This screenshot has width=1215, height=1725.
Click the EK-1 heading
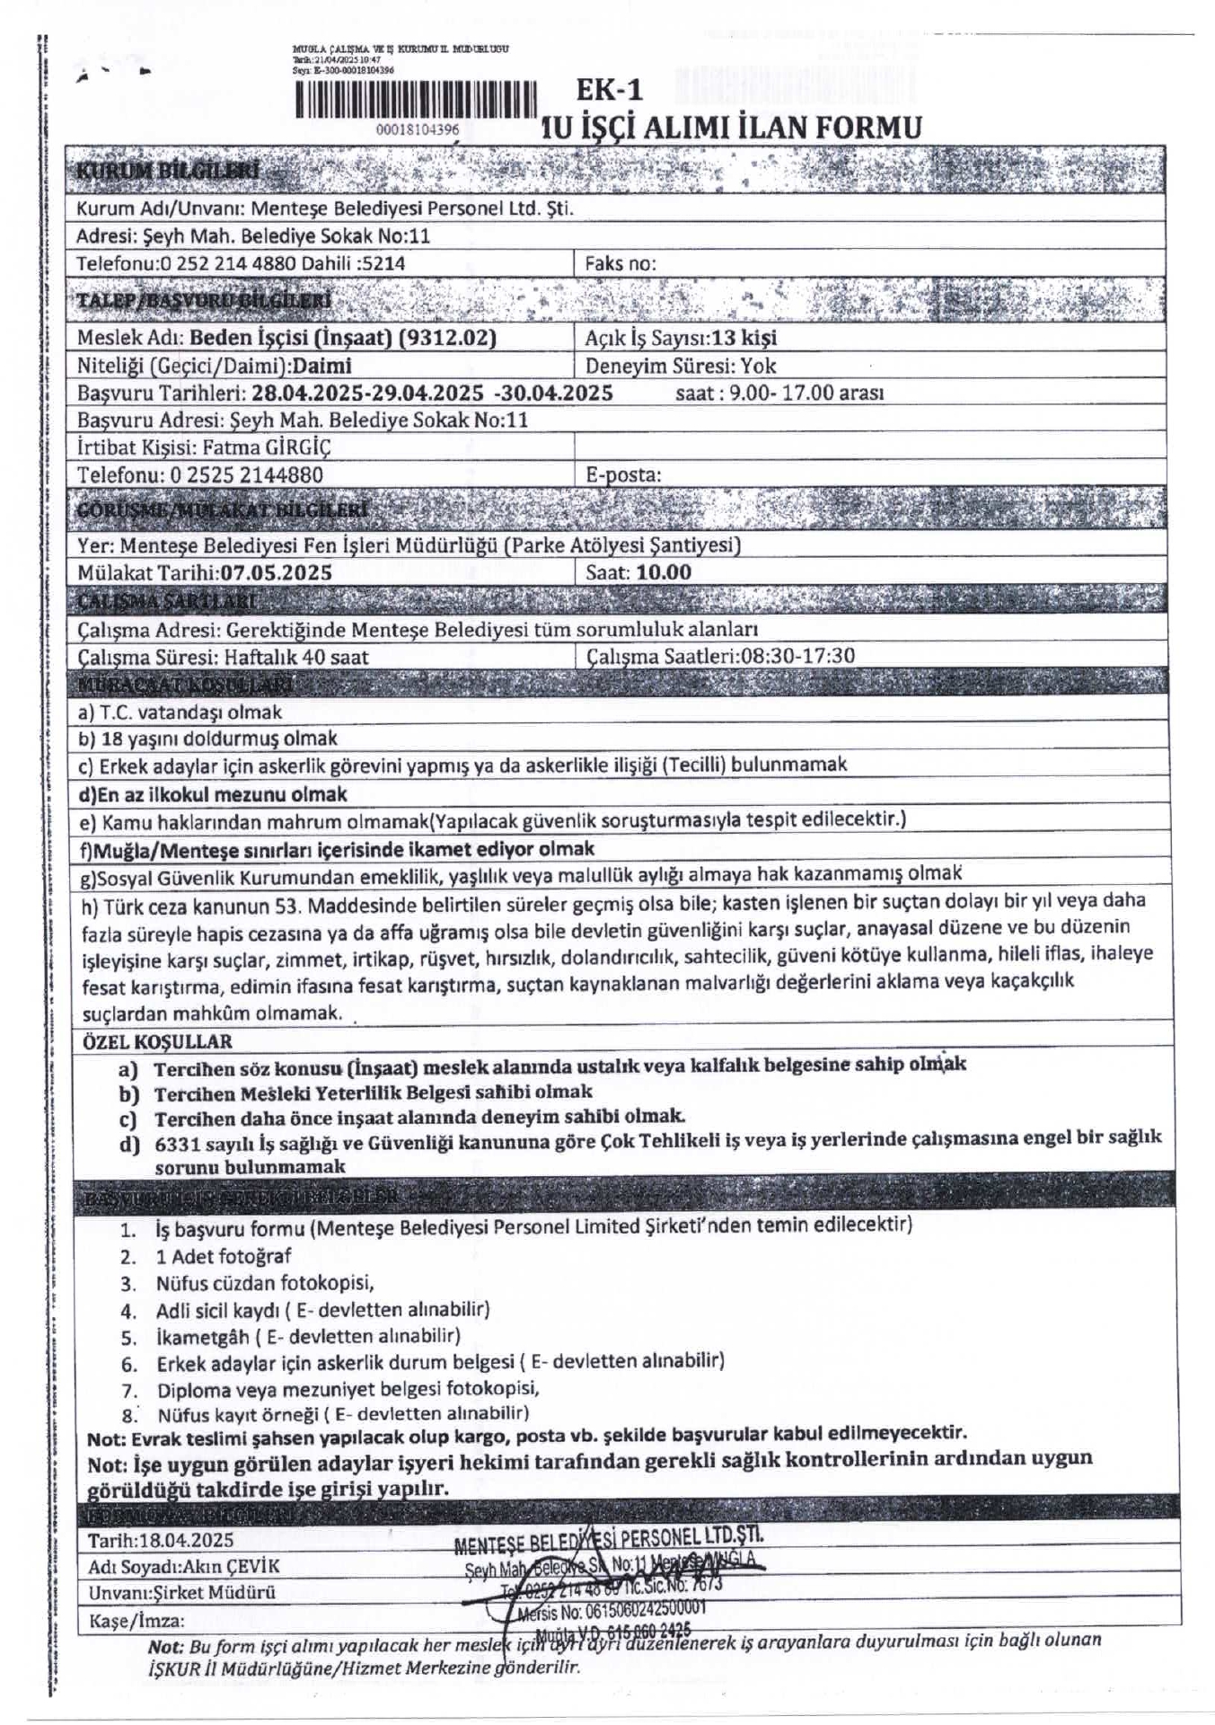coord(610,90)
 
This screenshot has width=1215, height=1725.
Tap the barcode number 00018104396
coord(418,129)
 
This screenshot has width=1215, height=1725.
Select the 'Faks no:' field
coord(621,263)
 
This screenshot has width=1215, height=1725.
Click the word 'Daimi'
coord(322,366)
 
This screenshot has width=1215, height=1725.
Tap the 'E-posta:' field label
coord(623,474)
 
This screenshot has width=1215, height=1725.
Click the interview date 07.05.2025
coord(277,572)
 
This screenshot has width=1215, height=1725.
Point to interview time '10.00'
coord(664,572)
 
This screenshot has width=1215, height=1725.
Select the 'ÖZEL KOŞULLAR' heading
coord(157,1042)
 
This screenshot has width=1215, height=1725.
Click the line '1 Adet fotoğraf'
coord(224,1256)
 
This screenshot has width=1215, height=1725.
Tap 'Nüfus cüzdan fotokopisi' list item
coord(265,1283)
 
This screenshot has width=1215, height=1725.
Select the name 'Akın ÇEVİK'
coord(231,1567)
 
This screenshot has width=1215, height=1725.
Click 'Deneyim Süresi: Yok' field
coord(681,366)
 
